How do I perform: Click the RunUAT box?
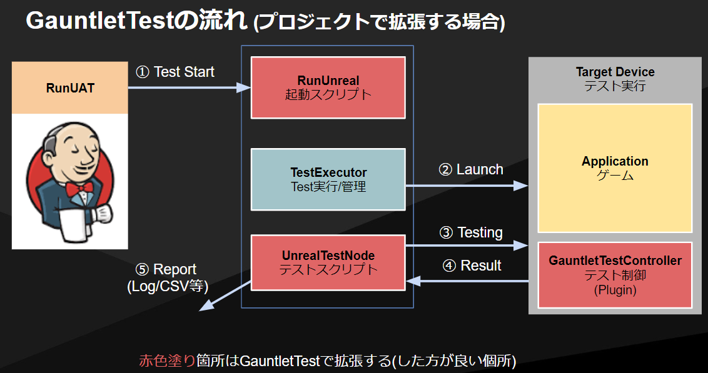(x=70, y=88)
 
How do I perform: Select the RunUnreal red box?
(x=328, y=87)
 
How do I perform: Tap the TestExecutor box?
(x=328, y=179)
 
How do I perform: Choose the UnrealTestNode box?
(x=328, y=262)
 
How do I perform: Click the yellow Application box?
(x=615, y=168)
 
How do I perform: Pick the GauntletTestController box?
(x=615, y=275)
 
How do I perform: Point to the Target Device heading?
(x=615, y=72)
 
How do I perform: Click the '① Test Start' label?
(x=175, y=72)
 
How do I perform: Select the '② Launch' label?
(x=470, y=169)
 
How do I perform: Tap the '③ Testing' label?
(x=471, y=232)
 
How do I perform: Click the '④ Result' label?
(x=472, y=266)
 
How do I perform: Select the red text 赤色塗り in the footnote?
(x=166, y=361)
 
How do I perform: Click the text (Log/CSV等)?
(x=168, y=287)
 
